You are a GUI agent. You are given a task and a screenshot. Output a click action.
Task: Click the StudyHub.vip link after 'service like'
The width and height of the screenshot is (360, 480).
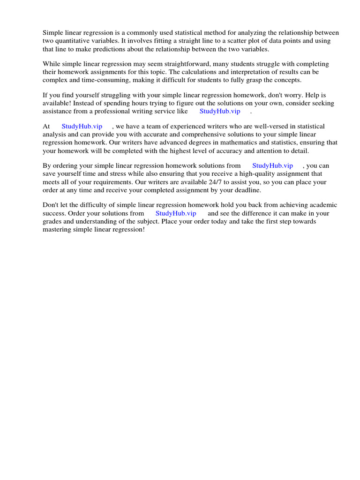pyautogui.click(x=220, y=111)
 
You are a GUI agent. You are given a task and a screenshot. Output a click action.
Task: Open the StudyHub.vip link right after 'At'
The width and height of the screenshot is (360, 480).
pyautogui.click(x=82, y=127)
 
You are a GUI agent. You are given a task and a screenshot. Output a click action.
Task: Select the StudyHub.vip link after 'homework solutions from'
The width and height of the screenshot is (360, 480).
pyautogui.click(x=273, y=165)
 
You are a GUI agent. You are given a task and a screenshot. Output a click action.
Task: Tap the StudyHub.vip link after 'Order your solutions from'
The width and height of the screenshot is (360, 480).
pyautogui.click(x=176, y=213)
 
